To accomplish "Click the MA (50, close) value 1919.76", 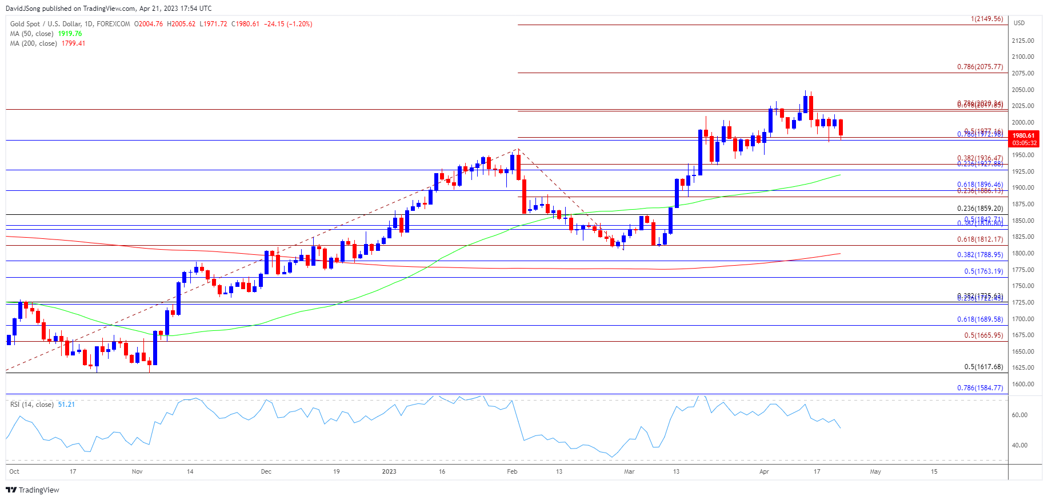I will [x=70, y=34].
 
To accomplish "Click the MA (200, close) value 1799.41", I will [x=73, y=43].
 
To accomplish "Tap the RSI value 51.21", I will [x=66, y=405].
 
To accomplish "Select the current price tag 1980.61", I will [x=1023, y=136].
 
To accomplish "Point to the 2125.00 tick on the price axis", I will [x=1022, y=41].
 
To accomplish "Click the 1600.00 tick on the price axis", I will [x=1022, y=384].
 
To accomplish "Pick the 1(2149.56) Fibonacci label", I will [x=987, y=19].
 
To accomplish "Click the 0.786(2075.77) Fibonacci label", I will [x=980, y=67].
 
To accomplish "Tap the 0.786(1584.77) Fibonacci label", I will [x=980, y=388].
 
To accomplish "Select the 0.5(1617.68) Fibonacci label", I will [x=983, y=367].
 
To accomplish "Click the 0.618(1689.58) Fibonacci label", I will [x=980, y=319].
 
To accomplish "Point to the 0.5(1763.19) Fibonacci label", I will [x=983, y=271].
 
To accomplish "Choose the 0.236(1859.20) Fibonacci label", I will [x=980, y=209].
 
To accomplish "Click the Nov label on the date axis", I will [x=137, y=471].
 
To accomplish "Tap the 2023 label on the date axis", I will [x=389, y=471].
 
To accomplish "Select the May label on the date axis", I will [x=875, y=471].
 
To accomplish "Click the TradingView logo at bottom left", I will [x=33, y=490].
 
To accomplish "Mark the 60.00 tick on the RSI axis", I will [x=1019, y=415].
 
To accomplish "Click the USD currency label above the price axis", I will [x=1019, y=23].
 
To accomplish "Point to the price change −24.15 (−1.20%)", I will [x=288, y=24].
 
